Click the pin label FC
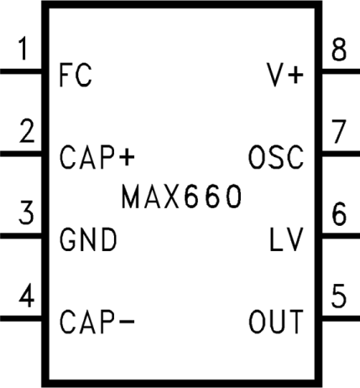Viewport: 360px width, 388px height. [76, 76]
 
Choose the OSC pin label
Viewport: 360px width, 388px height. [276, 157]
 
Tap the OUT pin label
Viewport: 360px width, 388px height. [276, 321]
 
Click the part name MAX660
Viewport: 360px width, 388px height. [181, 197]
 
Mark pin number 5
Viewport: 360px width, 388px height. [338, 297]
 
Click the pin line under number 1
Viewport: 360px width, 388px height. [22, 71]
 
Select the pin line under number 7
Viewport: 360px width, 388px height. [339, 154]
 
